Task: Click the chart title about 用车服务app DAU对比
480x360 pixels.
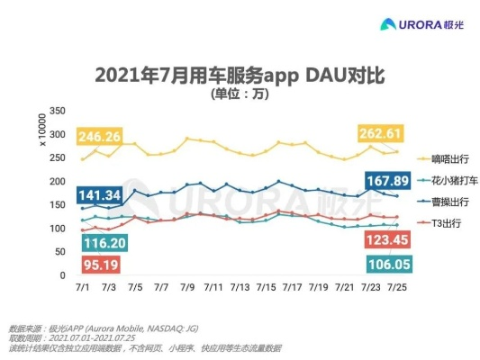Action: tap(240, 73)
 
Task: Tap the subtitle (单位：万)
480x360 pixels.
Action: tap(240, 93)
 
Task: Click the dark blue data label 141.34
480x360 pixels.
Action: tap(99, 196)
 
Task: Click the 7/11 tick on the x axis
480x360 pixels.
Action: tap(213, 287)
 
